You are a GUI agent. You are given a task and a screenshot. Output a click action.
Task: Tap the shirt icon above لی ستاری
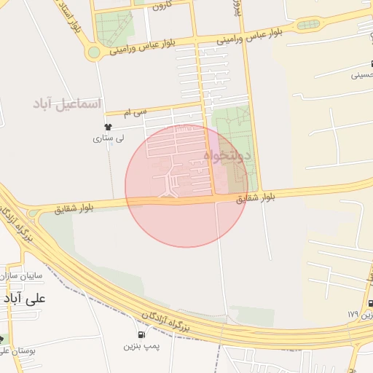pos(109,127)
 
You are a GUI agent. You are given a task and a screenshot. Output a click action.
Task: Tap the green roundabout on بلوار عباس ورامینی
pos(93,52)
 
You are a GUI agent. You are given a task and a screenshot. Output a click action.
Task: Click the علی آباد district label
pos(25,299)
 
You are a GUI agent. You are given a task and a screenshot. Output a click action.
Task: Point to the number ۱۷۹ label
pos(354,313)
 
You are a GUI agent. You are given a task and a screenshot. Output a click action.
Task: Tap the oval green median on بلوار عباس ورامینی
pos(306,25)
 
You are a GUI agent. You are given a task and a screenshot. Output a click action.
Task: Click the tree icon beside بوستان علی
pos(2,339)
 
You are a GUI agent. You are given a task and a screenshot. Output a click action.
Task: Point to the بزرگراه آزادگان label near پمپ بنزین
pos(164,318)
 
